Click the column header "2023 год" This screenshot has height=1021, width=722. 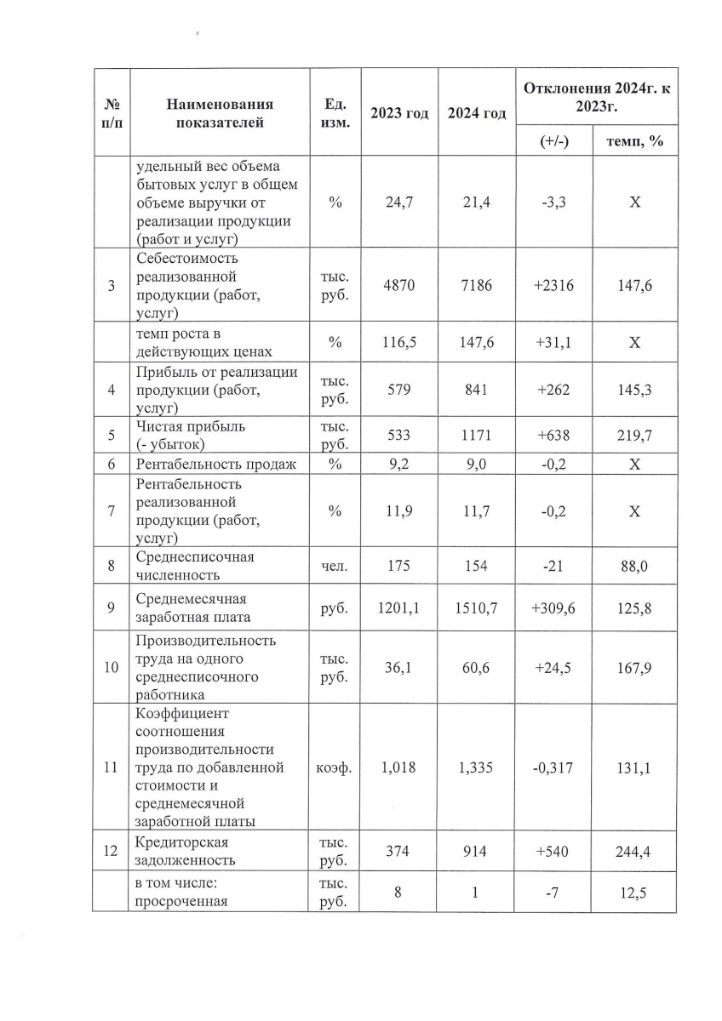coord(399,113)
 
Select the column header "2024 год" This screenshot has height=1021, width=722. coord(477,113)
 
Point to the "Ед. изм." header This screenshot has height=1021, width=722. coord(335,113)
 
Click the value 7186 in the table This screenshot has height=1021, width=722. coord(477,286)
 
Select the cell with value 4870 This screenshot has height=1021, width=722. coord(399,286)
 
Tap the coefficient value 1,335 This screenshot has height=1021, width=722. coord(477,767)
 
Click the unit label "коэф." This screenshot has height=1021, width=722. coord(335,767)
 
